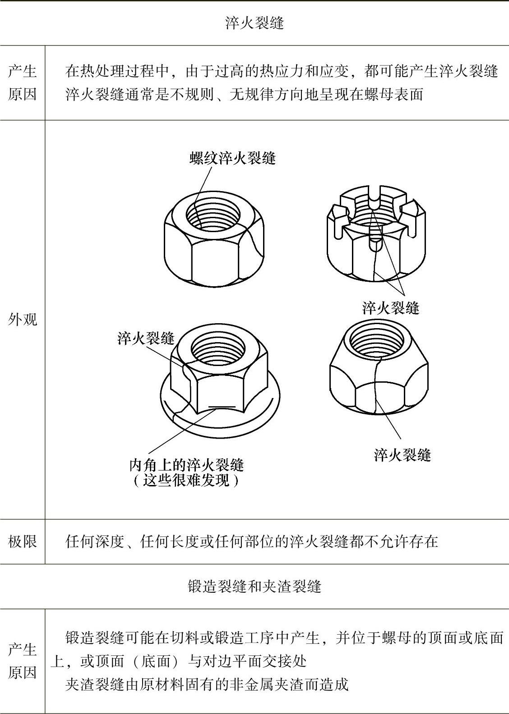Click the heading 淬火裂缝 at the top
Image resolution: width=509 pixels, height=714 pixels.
[x=255, y=23]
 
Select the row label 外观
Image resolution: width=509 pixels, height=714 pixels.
[x=23, y=319]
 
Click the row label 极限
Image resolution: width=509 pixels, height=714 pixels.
[x=23, y=541]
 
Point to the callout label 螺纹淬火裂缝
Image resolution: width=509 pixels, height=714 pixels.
[x=233, y=158]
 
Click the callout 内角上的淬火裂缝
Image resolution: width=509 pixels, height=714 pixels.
[x=187, y=465]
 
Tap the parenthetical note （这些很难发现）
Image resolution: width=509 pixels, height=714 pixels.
[x=186, y=481]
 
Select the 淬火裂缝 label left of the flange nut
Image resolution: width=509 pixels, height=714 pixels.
[x=146, y=338]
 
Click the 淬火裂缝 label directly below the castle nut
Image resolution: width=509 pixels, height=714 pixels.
[x=391, y=308]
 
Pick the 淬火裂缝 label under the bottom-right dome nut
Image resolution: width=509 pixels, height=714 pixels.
[x=403, y=455]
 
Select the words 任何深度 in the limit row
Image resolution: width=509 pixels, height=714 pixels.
[x=94, y=541]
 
